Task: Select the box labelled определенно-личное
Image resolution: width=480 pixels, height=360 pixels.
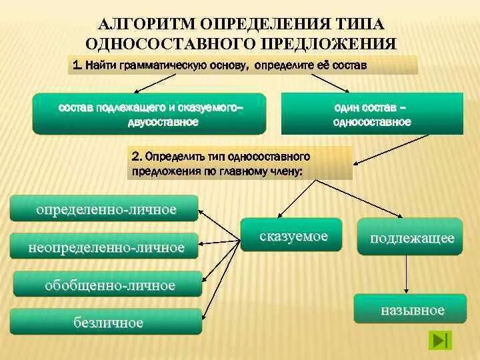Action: (x=105, y=209)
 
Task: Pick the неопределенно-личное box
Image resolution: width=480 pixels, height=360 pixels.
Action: (x=105, y=247)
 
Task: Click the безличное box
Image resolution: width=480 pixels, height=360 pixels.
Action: (x=107, y=322)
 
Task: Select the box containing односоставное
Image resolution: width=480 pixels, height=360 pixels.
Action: (x=373, y=114)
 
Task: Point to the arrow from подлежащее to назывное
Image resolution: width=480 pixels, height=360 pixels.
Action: (x=408, y=273)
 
